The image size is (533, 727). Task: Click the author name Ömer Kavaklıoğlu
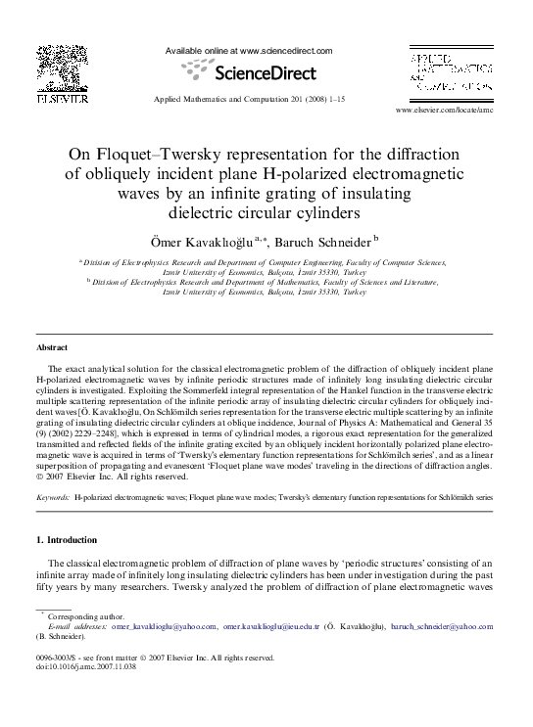tap(203, 241)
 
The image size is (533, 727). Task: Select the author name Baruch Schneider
tap(325, 241)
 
